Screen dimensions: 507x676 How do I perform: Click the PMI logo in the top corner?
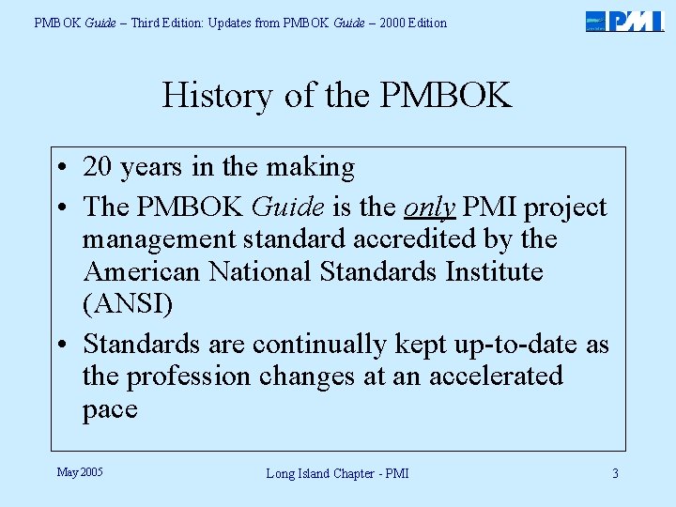point(624,22)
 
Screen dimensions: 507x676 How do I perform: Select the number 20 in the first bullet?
point(99,167)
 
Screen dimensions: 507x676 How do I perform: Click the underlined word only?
point(429,207)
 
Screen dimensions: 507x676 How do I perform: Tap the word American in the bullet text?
point(142,272)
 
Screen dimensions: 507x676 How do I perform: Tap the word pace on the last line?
point(110,410)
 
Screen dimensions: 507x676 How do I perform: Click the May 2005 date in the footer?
point(80,471)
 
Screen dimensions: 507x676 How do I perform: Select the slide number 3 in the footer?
point(615,473)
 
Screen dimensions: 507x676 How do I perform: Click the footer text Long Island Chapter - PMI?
point(337,473)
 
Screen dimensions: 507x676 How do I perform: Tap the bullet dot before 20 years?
point(61,169)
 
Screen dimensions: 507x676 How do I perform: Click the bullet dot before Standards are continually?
point(61,346)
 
